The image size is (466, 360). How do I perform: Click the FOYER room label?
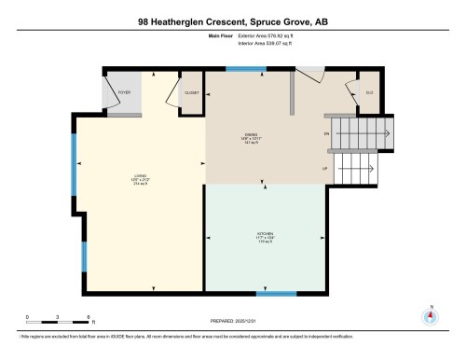(123, 93)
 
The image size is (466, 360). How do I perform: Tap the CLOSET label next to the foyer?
(191, 93)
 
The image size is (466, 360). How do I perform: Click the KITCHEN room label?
(266, 238)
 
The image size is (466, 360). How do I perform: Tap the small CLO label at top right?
(369, 93)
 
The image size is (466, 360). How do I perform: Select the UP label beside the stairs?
(325, 169)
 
